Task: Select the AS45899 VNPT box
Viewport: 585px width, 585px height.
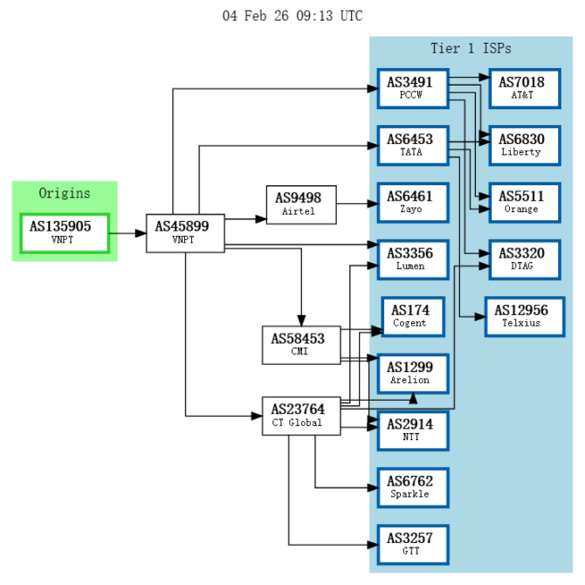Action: [x=185, y=232]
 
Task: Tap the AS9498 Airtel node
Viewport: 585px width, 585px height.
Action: [x=301, y=204]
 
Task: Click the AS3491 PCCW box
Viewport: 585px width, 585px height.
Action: [x=412, y=89]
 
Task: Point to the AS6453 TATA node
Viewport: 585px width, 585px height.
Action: [x=412, y=145]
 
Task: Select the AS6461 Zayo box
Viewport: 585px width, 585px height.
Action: [x=412, y=203]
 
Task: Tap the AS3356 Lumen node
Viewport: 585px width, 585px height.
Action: [x=412, y=259]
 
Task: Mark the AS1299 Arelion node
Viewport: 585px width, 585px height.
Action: [x=412, y=373]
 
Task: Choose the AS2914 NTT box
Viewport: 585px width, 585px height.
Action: [x=412, y=430]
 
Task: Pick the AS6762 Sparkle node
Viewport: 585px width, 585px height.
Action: [x=412, y=487]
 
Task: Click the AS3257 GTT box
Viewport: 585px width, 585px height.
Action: [x=412, y=545]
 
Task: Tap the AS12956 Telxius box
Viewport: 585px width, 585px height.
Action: [x=525, y=316]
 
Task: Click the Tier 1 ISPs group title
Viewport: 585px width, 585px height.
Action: [x=471, y=48]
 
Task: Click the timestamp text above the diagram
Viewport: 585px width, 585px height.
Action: [x=292, y=16]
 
